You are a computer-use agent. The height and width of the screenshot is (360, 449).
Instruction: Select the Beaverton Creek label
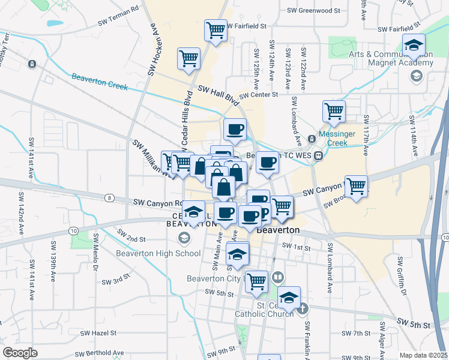tap(100, 81)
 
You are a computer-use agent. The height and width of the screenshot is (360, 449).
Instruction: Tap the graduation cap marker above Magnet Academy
tap(414, 46)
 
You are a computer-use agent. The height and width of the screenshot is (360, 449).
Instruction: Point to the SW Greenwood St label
tap(313, 10)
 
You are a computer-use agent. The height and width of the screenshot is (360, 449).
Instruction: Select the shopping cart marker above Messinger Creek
tap(334, 110)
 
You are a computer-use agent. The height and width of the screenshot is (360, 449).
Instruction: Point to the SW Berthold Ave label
tap(100, 353)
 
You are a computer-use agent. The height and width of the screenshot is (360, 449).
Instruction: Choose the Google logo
tap(20, 353)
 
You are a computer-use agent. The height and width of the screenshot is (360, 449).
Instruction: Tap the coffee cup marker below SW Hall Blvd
tap(235, 128)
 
